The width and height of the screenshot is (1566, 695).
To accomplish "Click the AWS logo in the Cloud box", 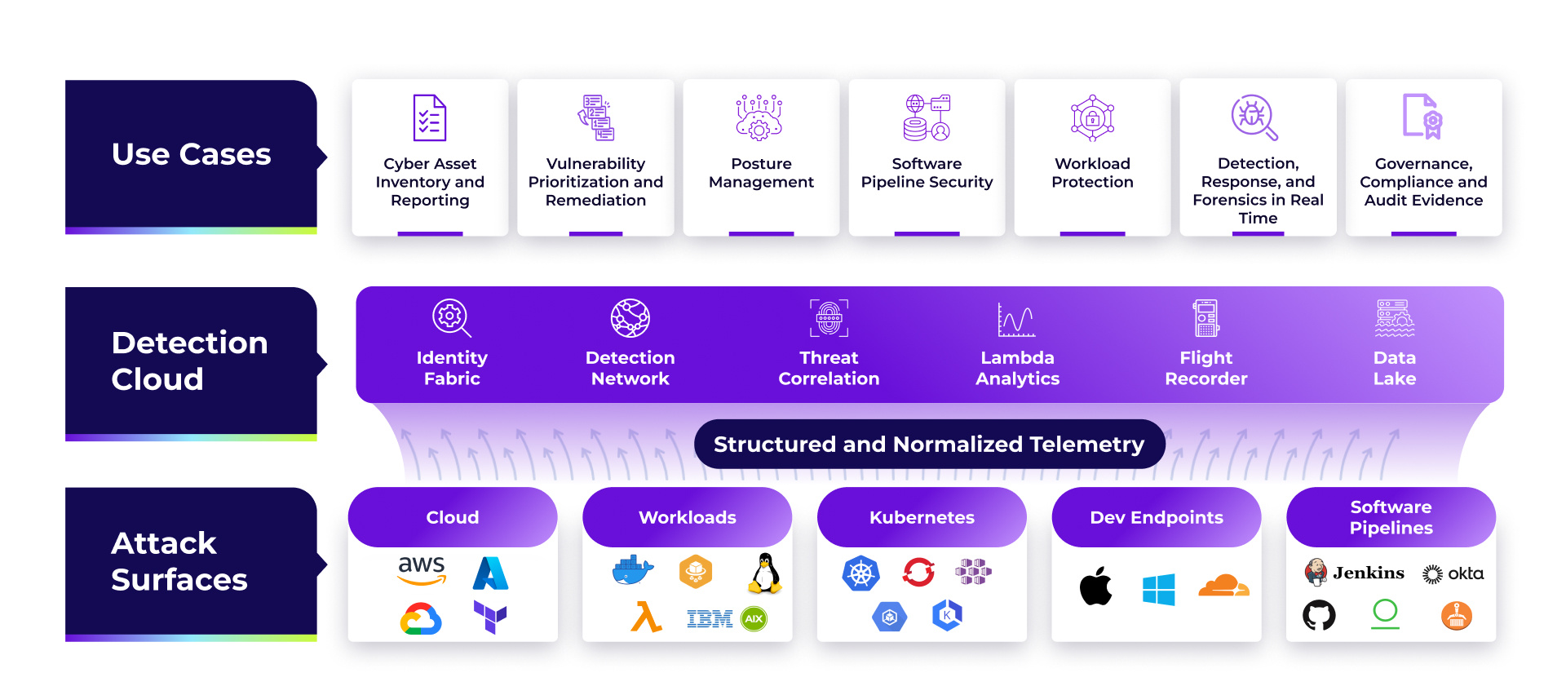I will (x=422, y=570).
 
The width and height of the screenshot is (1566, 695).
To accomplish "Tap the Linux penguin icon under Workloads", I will (x=765, y=573).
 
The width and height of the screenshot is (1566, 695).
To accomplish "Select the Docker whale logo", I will (x=632, y=570).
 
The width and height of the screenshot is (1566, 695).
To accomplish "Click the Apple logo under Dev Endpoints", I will (x=1095, y=586).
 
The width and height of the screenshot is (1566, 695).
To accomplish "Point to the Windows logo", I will (x=1158, y=589).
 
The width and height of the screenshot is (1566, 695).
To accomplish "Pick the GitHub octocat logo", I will (x=1318, y=615).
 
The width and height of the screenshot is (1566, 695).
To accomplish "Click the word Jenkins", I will (x=1368, y=573).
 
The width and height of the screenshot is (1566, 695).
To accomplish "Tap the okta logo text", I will (x=1465, y=573).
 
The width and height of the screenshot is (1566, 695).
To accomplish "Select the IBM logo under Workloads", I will (x=709, y=619).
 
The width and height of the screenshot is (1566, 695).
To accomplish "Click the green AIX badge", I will (x=754, y=618).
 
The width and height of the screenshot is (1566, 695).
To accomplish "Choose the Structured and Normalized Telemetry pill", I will (x=928, y=444).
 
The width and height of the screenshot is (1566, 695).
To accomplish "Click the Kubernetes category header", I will (x=922, y=517).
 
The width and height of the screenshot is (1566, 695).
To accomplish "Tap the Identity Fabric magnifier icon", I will (x=451, y=317).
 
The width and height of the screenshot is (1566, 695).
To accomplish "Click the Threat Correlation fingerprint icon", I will (x=829, y=317).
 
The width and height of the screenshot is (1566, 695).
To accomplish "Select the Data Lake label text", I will (x=1394, y=368).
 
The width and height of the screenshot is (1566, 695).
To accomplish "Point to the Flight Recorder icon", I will (x=1205, y=317).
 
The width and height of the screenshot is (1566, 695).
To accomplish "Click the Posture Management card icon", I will (x=759, y=117).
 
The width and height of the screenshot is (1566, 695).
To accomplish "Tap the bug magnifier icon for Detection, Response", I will (x=1254, y=117).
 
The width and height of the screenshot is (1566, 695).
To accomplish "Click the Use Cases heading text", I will (x=191, y=153).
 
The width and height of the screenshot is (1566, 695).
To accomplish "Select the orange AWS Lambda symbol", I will (x=645, y=618).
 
